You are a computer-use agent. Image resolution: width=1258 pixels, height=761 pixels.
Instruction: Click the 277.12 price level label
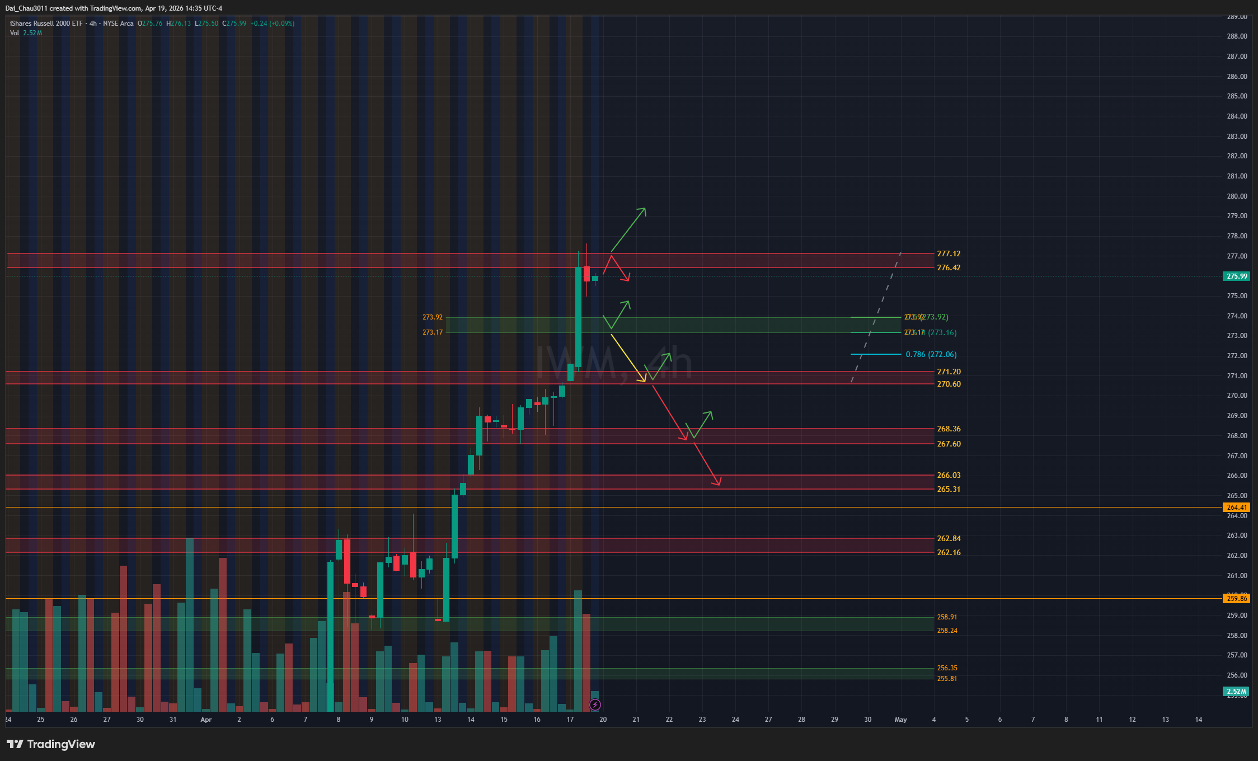pos(949,254)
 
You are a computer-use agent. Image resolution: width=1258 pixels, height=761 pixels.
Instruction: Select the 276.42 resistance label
pos(949,268)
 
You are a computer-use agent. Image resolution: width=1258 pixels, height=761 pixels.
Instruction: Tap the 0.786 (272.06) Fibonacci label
pos(931,355)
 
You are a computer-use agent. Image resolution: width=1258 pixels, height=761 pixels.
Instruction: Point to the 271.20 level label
pos(949,372)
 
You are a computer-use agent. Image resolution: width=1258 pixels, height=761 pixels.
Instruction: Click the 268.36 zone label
pos(949,429)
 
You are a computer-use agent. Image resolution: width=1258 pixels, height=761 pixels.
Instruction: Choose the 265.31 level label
pos(949,490)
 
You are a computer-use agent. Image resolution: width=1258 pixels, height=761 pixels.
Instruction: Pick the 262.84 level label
pos(949,539)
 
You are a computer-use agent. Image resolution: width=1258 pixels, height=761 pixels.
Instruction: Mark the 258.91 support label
pos(947,617)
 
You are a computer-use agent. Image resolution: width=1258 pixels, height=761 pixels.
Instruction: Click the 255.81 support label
pos(947,679)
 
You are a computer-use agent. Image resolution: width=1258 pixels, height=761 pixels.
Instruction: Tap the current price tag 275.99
pos(1237,276)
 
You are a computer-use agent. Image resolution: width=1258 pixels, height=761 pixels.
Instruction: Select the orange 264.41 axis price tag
pos(1237,508)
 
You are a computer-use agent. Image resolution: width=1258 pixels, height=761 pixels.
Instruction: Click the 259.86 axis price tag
pos(1237,599)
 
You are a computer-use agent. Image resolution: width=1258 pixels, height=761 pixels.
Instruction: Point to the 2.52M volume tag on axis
pos(1237,692)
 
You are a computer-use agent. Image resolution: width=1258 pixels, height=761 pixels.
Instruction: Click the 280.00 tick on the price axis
pos(1237,196)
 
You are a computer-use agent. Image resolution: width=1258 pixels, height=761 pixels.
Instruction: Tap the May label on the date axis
pos(900,720)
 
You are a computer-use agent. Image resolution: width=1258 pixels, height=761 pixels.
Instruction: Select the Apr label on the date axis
pos(206,720)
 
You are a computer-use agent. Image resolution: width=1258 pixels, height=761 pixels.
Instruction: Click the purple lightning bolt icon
pos(595,704)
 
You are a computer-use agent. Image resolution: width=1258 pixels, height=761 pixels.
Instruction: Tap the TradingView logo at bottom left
pos(51,744)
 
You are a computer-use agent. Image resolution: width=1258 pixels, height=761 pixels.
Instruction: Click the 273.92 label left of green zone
pos(432,317)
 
